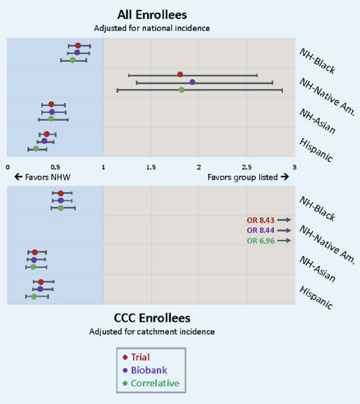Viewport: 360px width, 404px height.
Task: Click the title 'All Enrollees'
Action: pyautogui.click(x=152, y=14)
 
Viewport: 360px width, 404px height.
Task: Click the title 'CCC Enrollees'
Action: pyautogui.click(x=152, y=318)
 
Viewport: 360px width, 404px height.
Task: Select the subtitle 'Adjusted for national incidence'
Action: pyautogui.click(x=152, y=28)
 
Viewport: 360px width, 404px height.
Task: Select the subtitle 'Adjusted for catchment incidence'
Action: pyautogui.click(x=152, y=331)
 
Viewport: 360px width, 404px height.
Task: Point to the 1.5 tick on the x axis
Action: pyautogui.click(x=151, y=166)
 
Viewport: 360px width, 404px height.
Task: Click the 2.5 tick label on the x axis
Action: pyautogui.click(x=246, y=166)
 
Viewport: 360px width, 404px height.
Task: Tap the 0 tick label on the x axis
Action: pyautogui.click(x=7, y=166)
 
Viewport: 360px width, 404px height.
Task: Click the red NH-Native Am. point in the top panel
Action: pyautogui.click(x=180, y=74)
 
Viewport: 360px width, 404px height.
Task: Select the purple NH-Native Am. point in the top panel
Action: pyautogui.click(x=192, y=82)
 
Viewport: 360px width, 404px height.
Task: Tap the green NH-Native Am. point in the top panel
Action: pyautogui.click(x=181, y=90)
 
